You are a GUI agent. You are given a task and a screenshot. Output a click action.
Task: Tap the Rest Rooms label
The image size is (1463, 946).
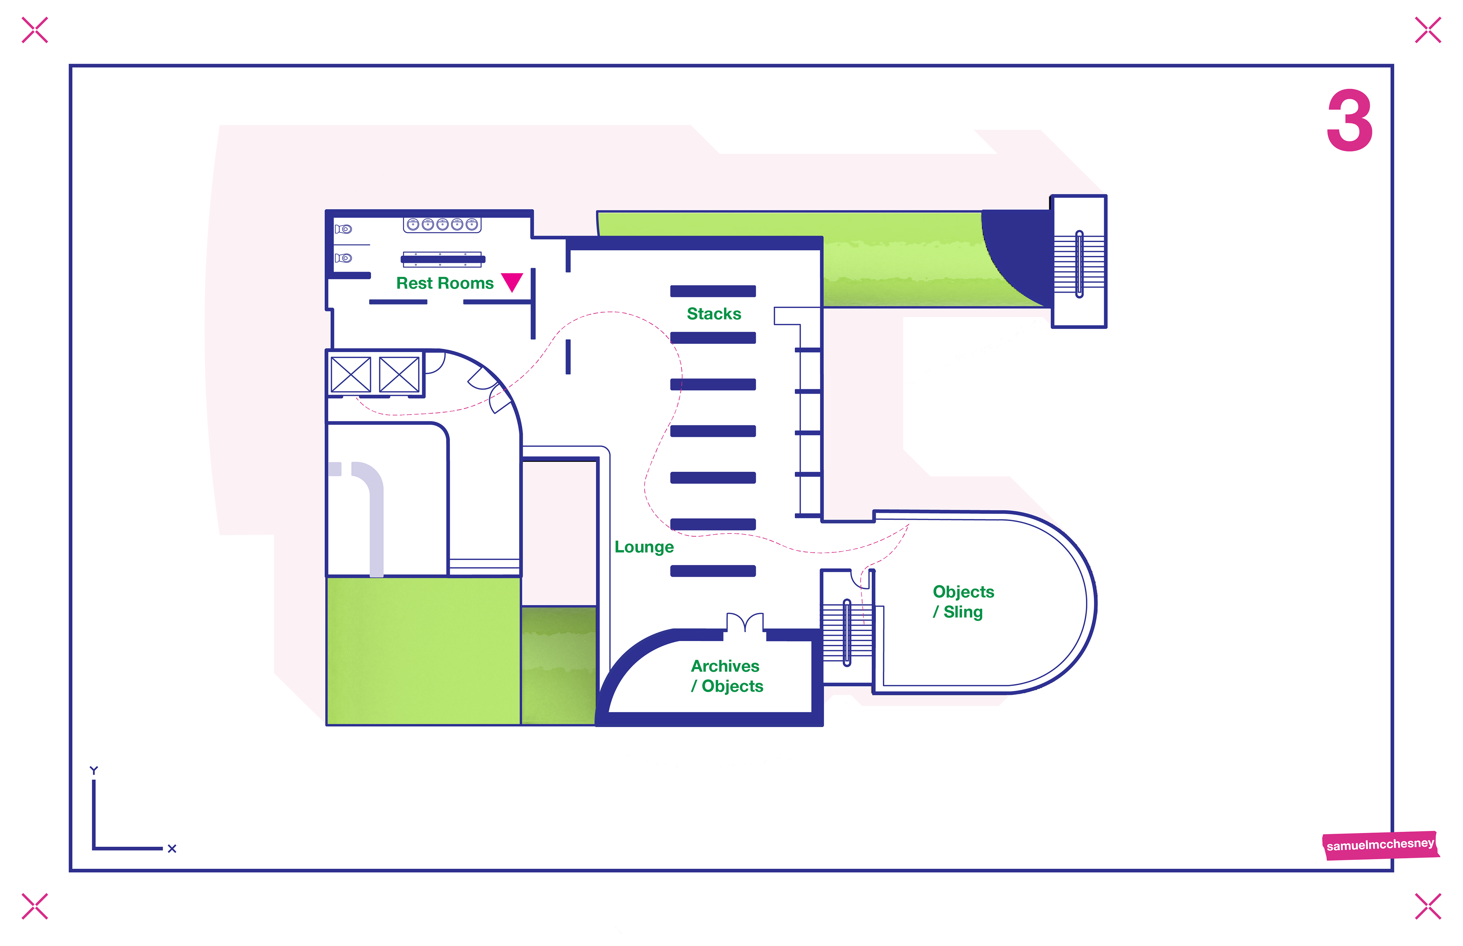point(445,283)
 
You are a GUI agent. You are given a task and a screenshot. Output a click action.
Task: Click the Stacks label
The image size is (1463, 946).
point(714,314)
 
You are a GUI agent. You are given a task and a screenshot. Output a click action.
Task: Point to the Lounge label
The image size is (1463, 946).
point(643,547)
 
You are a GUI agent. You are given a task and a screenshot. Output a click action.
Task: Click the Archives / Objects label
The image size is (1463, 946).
point(727,676)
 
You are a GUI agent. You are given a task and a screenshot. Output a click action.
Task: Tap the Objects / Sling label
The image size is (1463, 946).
point(963,601)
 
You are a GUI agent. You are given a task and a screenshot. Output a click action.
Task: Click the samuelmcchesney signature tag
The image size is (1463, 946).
point(1380,845)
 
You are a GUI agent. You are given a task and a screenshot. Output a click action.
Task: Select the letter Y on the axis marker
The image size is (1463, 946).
point(93,771)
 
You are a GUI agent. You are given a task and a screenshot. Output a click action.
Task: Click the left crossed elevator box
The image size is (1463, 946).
point(351,374)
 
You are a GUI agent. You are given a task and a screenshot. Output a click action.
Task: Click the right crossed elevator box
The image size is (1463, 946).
point(399,374)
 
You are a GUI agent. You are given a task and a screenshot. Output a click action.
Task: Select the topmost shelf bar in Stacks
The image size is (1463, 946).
point(712,291)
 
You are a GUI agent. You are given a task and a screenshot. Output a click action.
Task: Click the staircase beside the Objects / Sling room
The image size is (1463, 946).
point(847,633)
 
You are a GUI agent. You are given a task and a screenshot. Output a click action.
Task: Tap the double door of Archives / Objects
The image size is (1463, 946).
point(744,623)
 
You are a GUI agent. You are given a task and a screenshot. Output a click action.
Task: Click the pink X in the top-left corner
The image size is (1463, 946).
point(34,30)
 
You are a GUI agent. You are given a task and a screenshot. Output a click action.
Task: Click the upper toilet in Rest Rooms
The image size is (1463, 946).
point(344,229)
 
